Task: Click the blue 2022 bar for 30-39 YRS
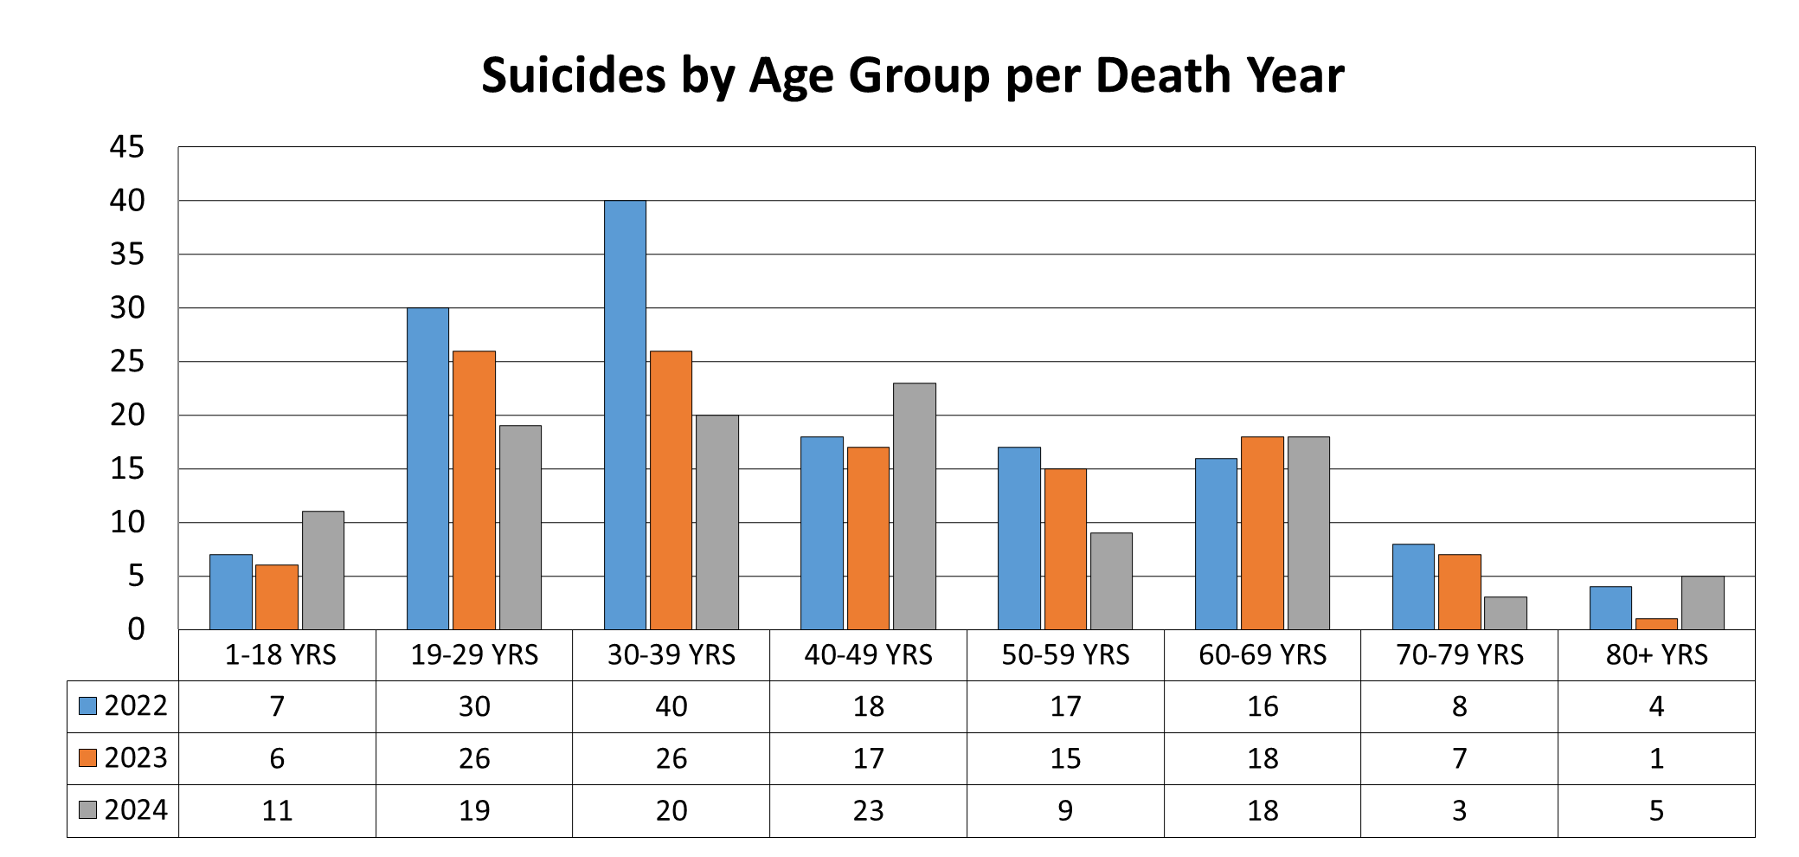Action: pyautogui.click(x=625, y=416)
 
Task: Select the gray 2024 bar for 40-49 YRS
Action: pyautogui.click(x=915, y=506)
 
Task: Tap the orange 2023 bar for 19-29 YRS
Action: pyautogui.click(x=474, y=490)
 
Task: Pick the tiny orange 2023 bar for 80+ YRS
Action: pyautogui.click(x=1656, y=624)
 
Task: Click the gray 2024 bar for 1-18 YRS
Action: pyautogui.click(x=323, y=570)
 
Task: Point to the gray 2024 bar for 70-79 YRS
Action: pyautogui.click(x=1506, y=613)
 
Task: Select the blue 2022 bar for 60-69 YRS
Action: pyautogui.click(x=1216, y=544)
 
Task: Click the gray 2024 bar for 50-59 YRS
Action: pyautogui.click(x=1111, y=581)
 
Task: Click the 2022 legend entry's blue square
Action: pyautogui.click(x=87, y=706)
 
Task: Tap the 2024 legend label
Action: pyautogui.click(x=136, y=810)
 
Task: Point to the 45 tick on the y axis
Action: pyautogui.click(x=127, y=147)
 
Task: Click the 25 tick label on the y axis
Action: pyautogui.click(x=127, y=362)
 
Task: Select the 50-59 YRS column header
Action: pyautogui.click(x=1065, y=655)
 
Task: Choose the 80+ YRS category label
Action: pyautogui.click(x=1656, y=655)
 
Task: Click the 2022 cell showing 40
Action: pyautogui.click(x=671, y=706)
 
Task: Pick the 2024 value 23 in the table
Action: pyautogui.click(x=868, y=810)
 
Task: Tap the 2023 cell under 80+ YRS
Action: pyautogui.click(x=1656, y=758)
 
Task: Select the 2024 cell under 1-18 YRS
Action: pyautogui.click(x=277, y=810)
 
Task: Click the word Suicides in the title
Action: pyautogui.click(x=573, y=75)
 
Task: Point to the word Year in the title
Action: pyautogui.click(x=1295, y=75)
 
